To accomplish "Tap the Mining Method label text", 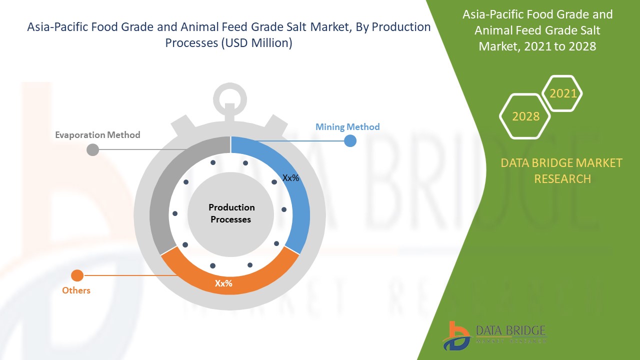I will (x=347, y=126).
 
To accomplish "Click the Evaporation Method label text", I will (x=97, y=135).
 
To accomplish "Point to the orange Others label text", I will (x=76, y=290).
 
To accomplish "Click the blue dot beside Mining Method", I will (x=350, y=141).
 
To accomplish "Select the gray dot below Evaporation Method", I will (x=92, y=149).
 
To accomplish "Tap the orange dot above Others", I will (x=77, y=275).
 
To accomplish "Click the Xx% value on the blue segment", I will (x=291, y=178).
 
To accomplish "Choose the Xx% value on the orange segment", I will (x=223, y=283).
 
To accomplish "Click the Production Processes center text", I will (x=231, y=213).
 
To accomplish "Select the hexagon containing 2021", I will (x=563, y=93).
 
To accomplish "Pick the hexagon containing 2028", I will (x=525, y=116).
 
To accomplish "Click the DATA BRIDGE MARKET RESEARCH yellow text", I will (x=562, y=170).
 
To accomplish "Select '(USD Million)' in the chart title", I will (x=256, y=43).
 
